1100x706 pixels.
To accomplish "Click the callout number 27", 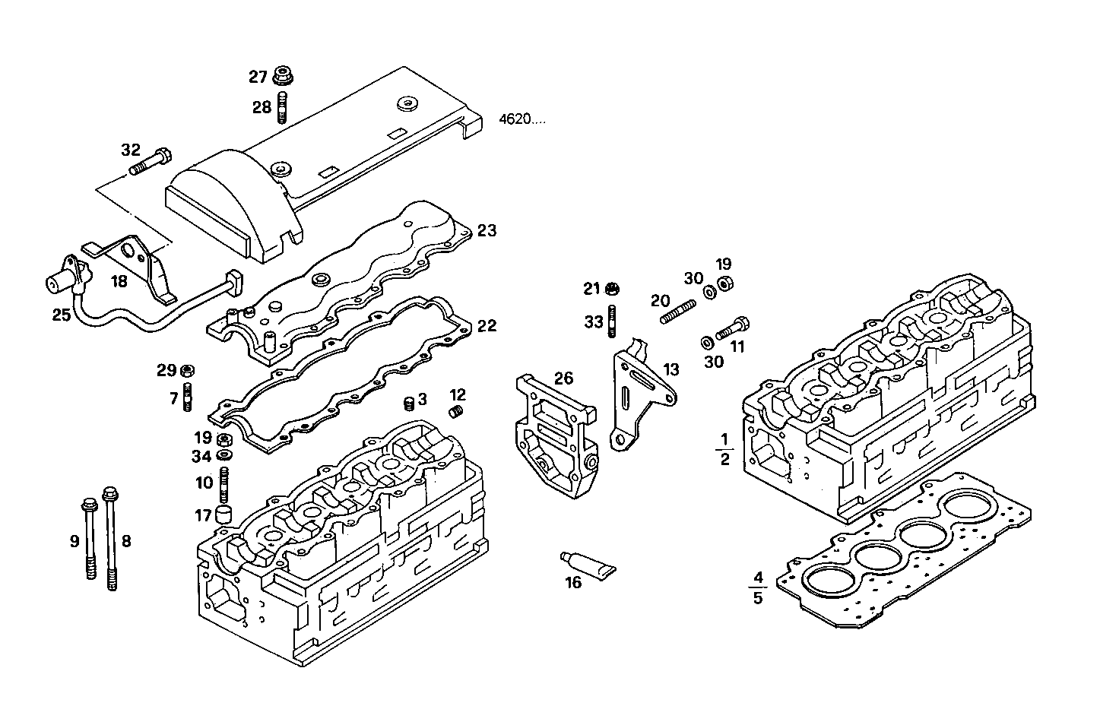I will point(258,77).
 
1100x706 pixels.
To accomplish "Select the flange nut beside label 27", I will point(283,76).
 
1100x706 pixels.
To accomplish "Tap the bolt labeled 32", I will point(152,162).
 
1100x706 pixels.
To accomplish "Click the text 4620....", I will point(521,119).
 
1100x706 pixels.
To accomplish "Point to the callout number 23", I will point(487,230).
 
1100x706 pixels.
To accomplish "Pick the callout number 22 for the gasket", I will point(487,326).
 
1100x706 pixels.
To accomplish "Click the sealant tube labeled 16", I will point(588,563).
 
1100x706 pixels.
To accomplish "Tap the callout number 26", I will point(563,378).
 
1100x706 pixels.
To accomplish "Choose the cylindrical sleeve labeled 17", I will point(224,514).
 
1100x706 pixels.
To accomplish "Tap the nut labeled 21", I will point(613,289).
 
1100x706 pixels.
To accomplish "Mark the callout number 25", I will point(61,314).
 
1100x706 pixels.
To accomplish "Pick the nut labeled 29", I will point(188,371).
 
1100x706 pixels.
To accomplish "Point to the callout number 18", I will point(119,282).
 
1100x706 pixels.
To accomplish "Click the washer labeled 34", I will point(224,455).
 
